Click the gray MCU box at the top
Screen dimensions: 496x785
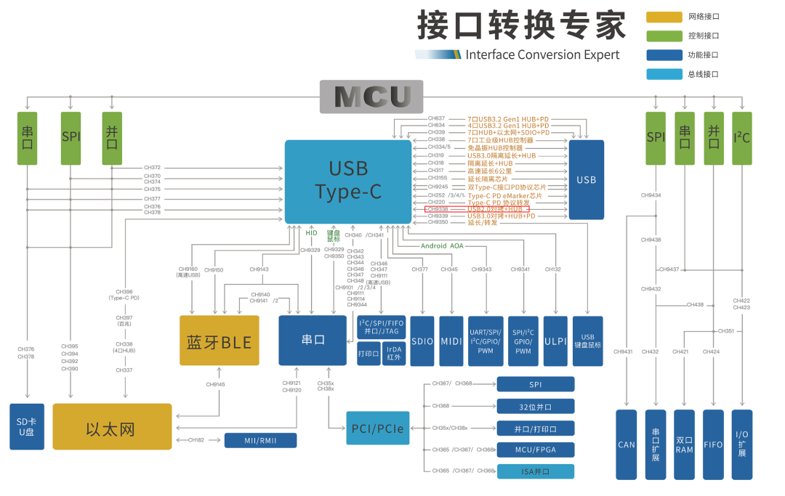pyautogui.click(x=372, y=97)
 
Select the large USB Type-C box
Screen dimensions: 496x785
pyautogui.click(x=348, y=181)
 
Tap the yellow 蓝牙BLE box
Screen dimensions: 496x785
pyautogui.click(x=219, y=341)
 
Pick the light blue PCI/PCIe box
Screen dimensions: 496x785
pyautogui.click(x=377, y=427)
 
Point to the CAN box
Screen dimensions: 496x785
pyautogui.click(x=626, y=444)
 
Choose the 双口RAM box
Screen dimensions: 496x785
pyautogui.click(x=684, y=444)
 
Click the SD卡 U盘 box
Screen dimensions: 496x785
pyautogui.click(x=27, y=426)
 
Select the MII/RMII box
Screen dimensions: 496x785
pyautogui.click(x=260, y=440)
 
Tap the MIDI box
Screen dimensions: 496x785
pyautogui.click(x=451, y=341)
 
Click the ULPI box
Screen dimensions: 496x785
pyautogui.click(x=555, y=341)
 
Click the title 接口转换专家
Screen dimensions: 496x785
pyautogui.click(x=520, y=26)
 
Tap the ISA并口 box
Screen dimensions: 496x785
pyautogui.click(x=535, y=471)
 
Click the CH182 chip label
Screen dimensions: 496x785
pyautogui.click(x=196, y=440)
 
